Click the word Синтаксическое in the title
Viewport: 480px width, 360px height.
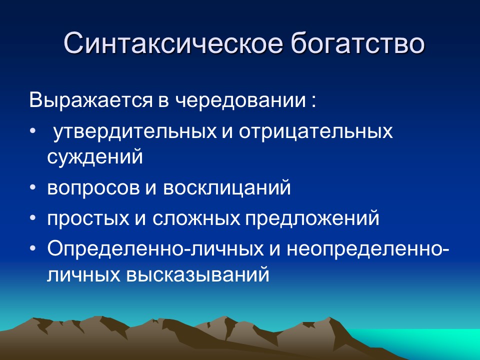[x=172, y=44]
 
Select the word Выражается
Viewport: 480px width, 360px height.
[x=90, y=100]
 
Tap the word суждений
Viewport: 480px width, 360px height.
[x=95, y=156]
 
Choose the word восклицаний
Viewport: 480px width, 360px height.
[x=227, y=187]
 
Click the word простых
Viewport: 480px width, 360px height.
[x=88, y=218]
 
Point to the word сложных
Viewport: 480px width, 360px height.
[x=196, y=218]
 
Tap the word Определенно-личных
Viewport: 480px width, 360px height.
[x=155, y=249]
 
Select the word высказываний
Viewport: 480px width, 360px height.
[x=197, y=274]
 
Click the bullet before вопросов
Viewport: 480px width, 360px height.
[x=33, y=187]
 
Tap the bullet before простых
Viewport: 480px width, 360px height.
[x=33, y=218]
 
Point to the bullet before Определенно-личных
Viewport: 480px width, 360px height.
[x=33, y=248]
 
